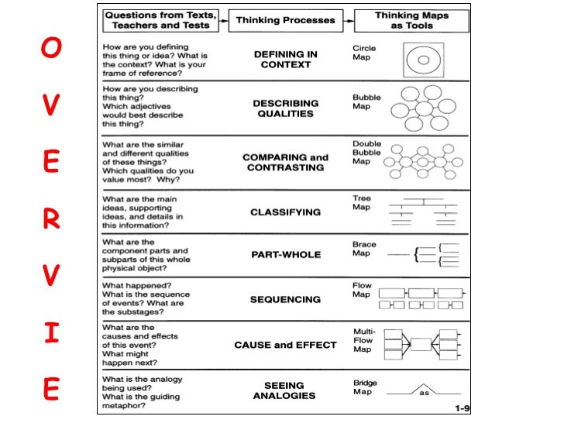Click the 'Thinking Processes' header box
pyautogui.click(x=285, y=20)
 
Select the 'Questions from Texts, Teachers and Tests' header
pyautogui.click(x=160, y=20)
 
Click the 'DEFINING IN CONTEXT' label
pyautogui.click(x=286, y=60)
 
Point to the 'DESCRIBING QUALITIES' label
pyautogui.click(x=285, y=108)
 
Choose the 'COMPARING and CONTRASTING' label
pyautogui.click(x=285, y=163)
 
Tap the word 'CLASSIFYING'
pyautogui.click(x=285, y=211)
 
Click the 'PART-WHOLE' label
pyautogui.click(x=285, y=254)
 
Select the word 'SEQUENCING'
pyautogui.click(x=285, y=299)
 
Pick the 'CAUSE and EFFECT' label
pyautogui.click(x=285, y=345)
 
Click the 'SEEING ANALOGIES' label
pyautogui.click(x=285, y=390)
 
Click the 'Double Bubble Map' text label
pyautogui.click(x=366, y=153)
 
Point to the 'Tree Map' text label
pyautogui.click(x=362, y=203)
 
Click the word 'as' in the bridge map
pyautogui.click(x=424, y=393)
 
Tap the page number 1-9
pyautogui.click(x=463, y=407)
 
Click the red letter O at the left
pyautogui.click(x=50, y=48)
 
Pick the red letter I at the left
pyautogui.click(x=50, y=335)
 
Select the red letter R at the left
pyautogui.click(x=50, y=221)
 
